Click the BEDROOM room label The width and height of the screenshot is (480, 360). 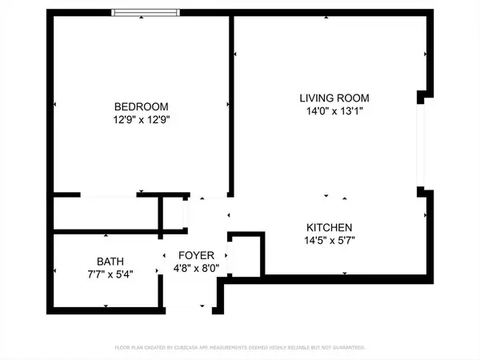click(142, 106)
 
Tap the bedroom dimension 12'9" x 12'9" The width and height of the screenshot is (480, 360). click(142, 119)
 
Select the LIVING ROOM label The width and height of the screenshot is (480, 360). click(334, 98)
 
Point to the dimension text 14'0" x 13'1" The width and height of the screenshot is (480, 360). click(334, 111)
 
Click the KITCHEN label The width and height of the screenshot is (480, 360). click(328, 226)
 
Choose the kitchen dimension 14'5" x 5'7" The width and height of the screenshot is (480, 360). click(328, 239)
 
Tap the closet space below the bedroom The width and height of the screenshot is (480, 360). click(106, 214)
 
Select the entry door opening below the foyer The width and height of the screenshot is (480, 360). click(190, 309)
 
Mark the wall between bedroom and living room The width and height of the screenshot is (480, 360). click(231, 104)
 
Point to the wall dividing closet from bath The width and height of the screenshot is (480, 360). click(106, 232)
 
